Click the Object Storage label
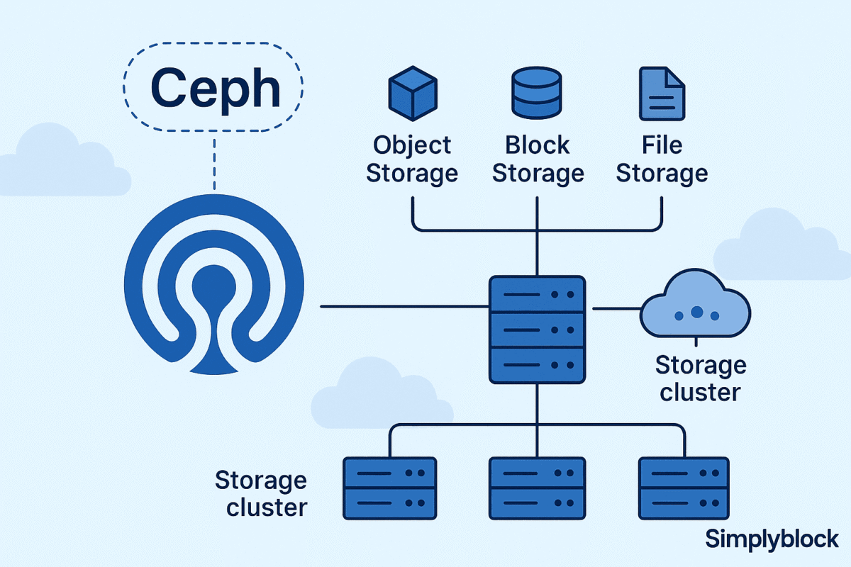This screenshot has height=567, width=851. tap(411, 159)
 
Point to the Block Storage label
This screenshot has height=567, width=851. tap(538, 159)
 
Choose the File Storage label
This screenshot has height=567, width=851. tap(662, 159)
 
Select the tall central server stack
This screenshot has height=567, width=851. tap(538, 330)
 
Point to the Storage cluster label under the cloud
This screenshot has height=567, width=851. tap(701, 379)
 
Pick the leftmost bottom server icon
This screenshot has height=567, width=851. tap(389, 488)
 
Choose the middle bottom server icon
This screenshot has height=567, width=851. tap(538, 488)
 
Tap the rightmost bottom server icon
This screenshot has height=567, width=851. tap(684, 488)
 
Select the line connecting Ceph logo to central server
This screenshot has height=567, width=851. tap(404, 307)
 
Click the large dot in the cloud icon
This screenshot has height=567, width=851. tap(696, 311)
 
